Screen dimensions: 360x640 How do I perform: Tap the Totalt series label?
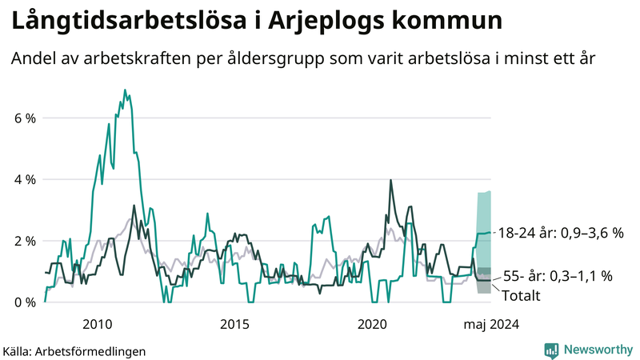pyautogui.click(x=522, y=296)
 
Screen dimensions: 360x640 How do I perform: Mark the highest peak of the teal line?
pyautogui.click(x=125, y=90)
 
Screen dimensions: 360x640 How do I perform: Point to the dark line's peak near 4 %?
pyautogui.click(x=390, y=180)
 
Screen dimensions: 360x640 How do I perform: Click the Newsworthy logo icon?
pyautogui.click(x=552, y=350)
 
